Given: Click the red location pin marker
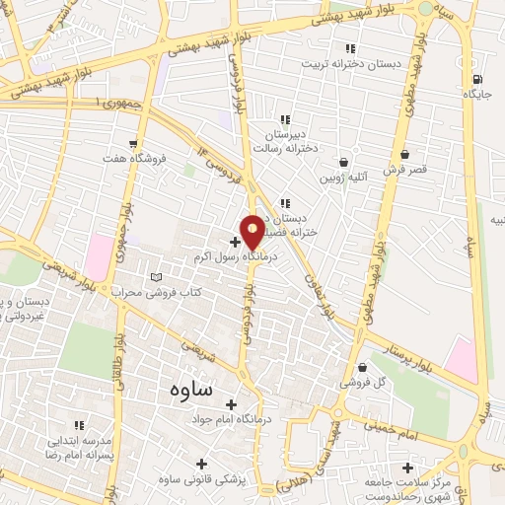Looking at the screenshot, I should pyautogui.click(x=252, y=232).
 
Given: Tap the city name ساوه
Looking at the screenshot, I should pyautogui.click(x=183, y=389).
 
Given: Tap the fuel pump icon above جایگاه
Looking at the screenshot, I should pyautogui.click(x=477, y=79).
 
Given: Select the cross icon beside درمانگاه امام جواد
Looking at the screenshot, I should pyautogui.click(x=232, y=404).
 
